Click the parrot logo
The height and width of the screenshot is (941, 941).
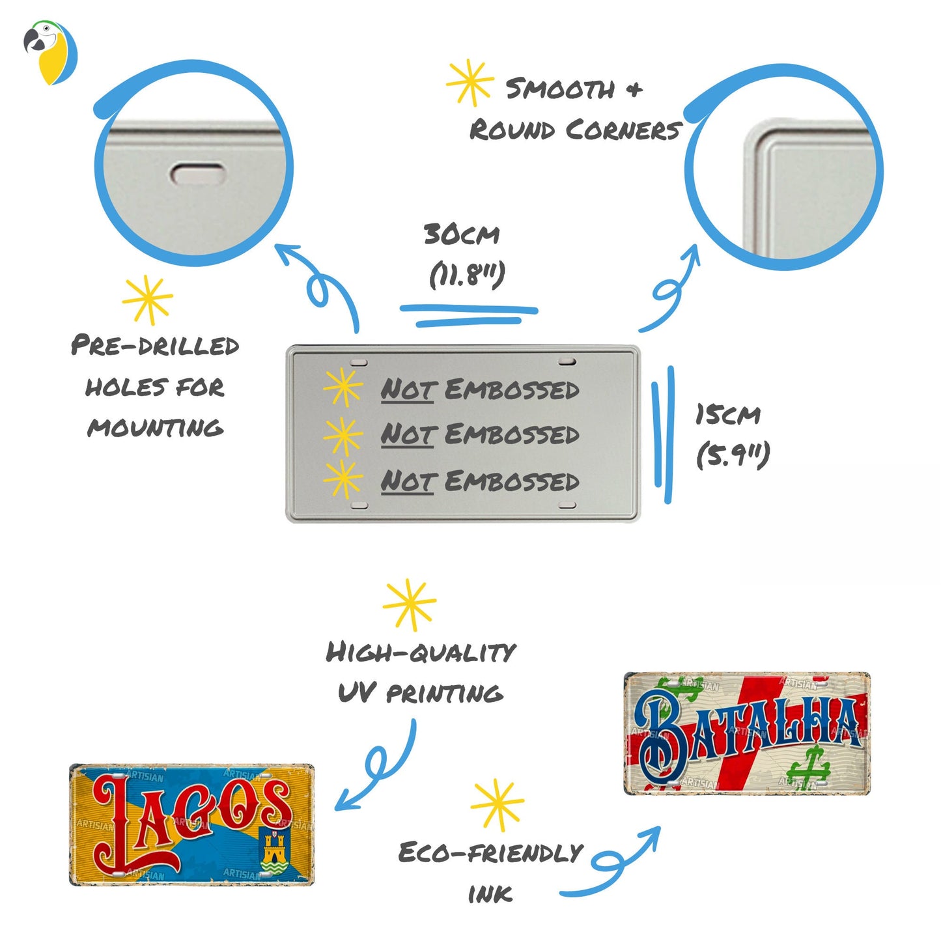50,52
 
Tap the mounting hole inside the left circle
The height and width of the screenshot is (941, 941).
197,174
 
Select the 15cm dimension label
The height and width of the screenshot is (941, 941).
727,415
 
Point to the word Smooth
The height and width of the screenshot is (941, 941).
560,89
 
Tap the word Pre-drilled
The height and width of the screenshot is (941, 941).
155,345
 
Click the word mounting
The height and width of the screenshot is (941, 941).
155,428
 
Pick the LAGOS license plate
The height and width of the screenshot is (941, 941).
191,824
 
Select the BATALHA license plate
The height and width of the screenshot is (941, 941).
747,733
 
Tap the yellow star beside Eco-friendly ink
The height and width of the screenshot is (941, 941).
497,804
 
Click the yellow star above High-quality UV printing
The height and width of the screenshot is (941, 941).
409,604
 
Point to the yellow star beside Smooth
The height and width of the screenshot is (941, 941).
470,83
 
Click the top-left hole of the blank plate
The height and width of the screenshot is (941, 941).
359,362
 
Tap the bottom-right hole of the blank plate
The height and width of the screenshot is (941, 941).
567,505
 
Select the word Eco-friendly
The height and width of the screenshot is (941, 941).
490,852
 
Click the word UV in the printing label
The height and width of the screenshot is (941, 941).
356,693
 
